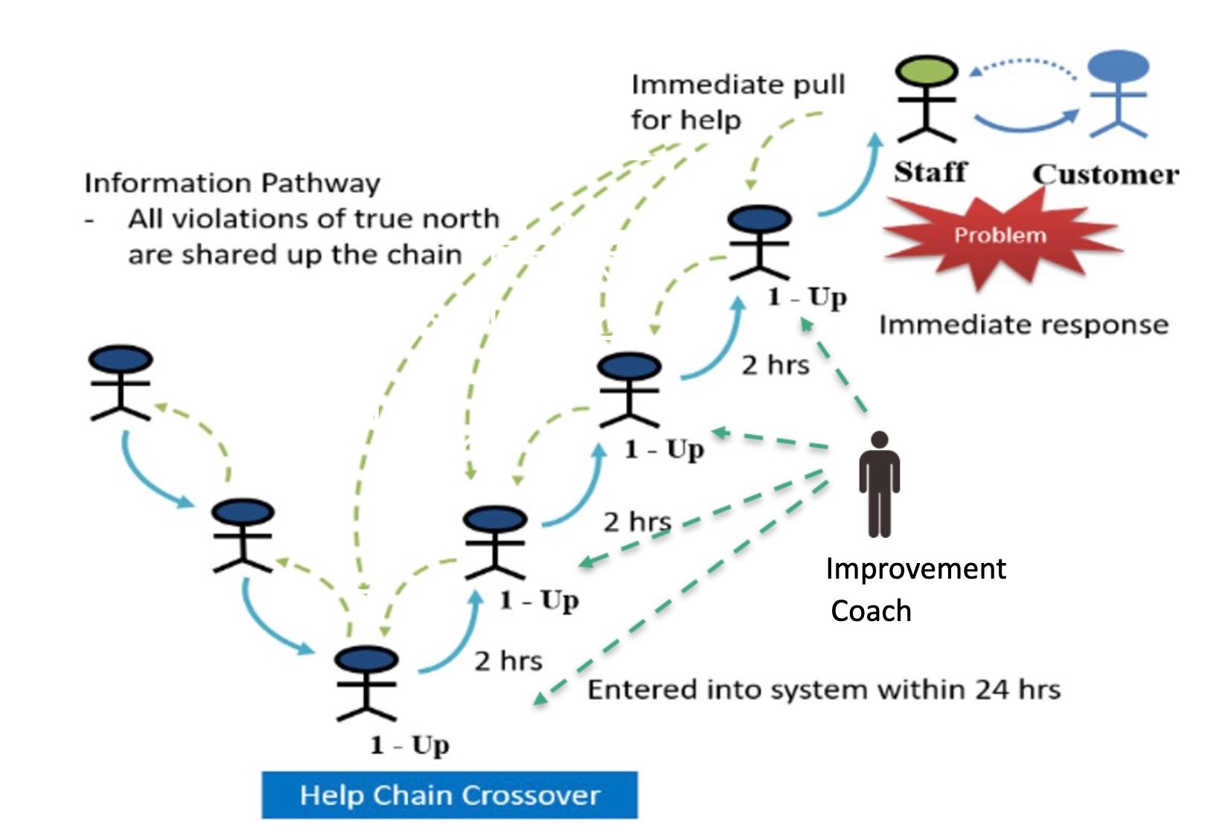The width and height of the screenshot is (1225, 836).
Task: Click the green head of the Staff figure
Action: [x=926, y=71]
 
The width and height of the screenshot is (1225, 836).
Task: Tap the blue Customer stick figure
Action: [x=1118, y=92]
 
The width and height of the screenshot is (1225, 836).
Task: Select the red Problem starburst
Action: [x=1001, y=237]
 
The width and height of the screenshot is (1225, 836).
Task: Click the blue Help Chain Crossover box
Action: [x=450, y=795]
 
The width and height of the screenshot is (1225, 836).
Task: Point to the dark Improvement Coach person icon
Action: [x=879, y=483]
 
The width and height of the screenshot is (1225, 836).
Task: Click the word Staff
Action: [x=930, y=172]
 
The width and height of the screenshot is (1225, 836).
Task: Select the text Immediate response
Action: [x=1023, y=325]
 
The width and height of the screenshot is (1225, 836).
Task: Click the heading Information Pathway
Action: [x=231, y=183]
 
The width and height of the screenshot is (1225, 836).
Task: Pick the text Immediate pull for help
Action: [x=737, y=102]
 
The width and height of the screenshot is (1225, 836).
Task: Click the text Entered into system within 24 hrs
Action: [x=823, y=689]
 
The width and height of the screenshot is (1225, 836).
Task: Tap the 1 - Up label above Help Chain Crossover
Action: [x=410, y=745]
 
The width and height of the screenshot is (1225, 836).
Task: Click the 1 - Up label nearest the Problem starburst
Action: [x=807, y=297]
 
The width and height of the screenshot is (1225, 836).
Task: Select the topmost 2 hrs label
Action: [x=775, y=365]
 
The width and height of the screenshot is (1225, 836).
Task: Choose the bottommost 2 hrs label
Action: [x=508, y=660]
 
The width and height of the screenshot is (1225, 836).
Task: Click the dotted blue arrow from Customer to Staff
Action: [x=1023, y=64]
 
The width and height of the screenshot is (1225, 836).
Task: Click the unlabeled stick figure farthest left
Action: [x=120, y=382]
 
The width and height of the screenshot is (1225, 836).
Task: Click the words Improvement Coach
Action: [x=915, y=589]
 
